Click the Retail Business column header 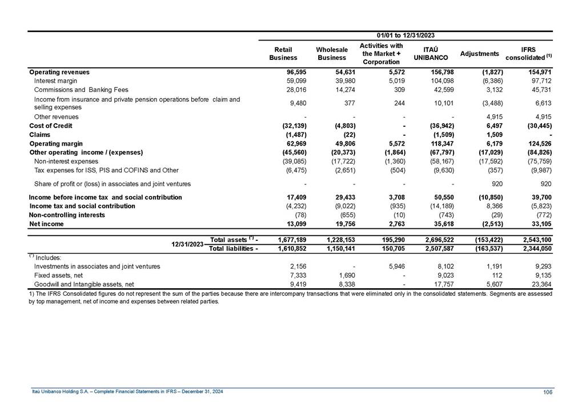[283, 54]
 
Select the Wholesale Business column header [332, 54]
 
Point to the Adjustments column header [480, 54]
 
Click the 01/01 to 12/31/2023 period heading [406, 36]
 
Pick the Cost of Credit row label [51, 126]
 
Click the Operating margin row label [56, 144]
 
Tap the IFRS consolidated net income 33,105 [539, 224]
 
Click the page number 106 [547, 391]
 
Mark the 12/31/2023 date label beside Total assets [188, 244]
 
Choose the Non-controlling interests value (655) [337, 215]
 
